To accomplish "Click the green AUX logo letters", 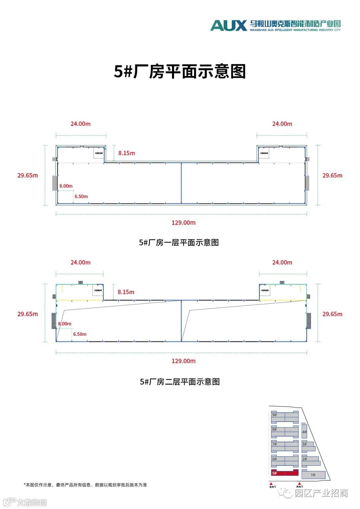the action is pyautogui.click(x=228, y=25).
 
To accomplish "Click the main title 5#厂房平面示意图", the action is pyautogui.click(x=180, y=71).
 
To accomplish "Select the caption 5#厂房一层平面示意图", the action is pyautogui.click(x=179, y=243).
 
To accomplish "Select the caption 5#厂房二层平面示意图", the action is pyautogui.click(x=180, y=382).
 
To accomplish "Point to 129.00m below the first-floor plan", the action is pyautogui.click(x=183, y=223).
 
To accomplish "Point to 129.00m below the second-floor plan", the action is pyautogui.click(x=183, y=361).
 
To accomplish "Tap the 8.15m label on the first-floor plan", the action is pyautogui.click(x=127, y=153).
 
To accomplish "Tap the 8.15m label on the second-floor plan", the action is pyautogui.click(x=126, y=292).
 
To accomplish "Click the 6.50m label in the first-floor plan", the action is pyautogui.click(x=81, y=197).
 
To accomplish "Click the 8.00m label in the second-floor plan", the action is pyautogui.click(x=65, y=324).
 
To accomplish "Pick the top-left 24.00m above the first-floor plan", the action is pyautogui.click(x=80, y=124).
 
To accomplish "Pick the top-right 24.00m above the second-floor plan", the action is pyautogui.click(x=282, y=262).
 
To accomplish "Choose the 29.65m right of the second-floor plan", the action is pyautogui.click(x=332, y=314).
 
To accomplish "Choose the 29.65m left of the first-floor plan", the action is pyautogui.click(x=28, y=175).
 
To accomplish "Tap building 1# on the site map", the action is pyautogui.click(x=313, y=475).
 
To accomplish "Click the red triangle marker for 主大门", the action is pyautogui.click(x=271, y=483).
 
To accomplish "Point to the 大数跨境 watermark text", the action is pyautogui.click(x=32, y=502).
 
